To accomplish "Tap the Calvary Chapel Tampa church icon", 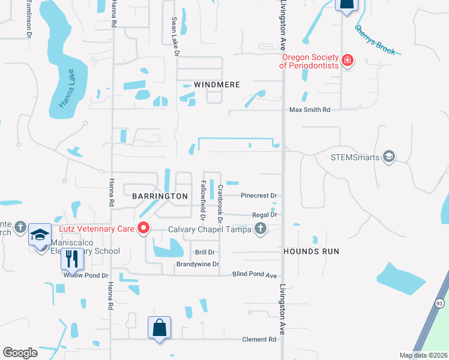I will coord(260,228).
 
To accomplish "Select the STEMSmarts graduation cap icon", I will coord(388,157).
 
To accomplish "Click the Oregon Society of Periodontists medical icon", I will coord(348,59).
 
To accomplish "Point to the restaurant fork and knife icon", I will coord(71,259).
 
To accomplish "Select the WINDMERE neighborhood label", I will coord(217,85).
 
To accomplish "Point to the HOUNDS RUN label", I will coord(311,251).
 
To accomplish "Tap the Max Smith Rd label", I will coord(310,110).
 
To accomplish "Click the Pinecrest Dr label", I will coord(258,196).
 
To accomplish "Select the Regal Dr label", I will coord(265,215).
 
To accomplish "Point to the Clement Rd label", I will coord(259,340).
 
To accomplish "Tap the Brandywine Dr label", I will coord(197,264).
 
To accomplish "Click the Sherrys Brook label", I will coord(375,40).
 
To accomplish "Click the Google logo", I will coord(20,353).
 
